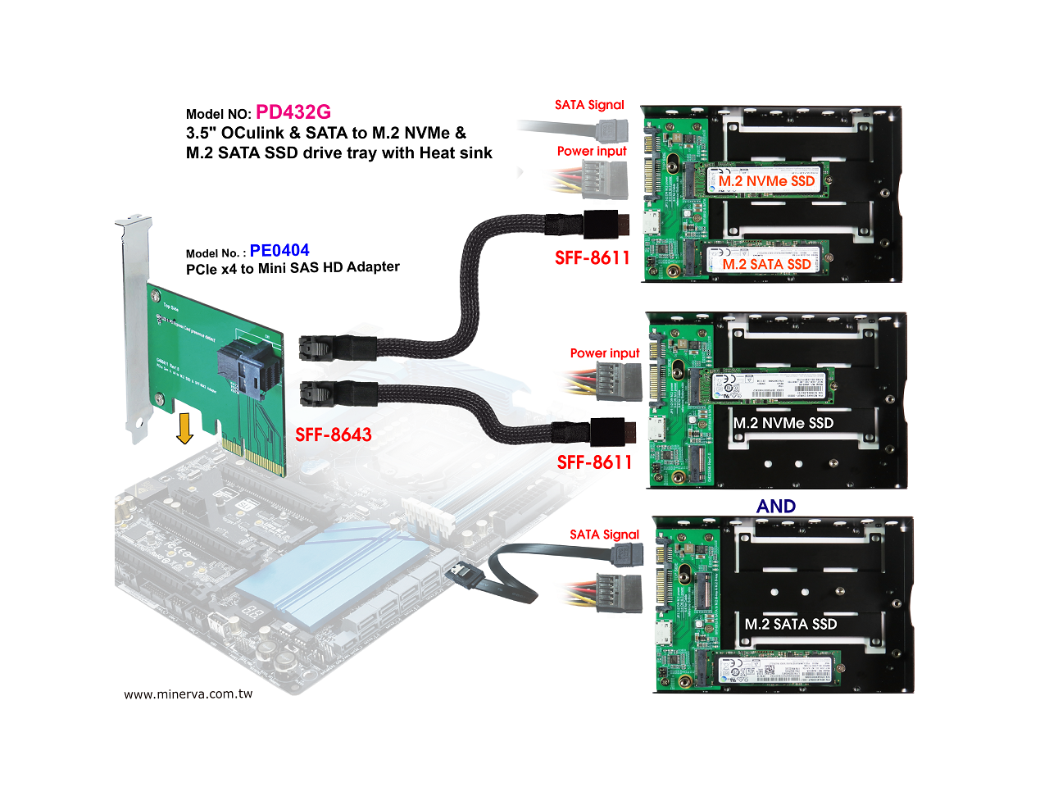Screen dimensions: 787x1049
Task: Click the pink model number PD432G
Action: tap(293, 112)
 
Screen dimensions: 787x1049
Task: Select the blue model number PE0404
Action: tap(279, 251)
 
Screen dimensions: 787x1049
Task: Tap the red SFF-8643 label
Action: tap(334, 434)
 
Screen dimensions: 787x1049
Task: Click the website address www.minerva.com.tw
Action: tap(188, 694)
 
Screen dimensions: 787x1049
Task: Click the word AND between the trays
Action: tap(776, 506)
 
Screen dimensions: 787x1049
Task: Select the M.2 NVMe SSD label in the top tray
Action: tap(767, 181)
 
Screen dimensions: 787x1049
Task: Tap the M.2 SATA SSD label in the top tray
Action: tap(767, 264)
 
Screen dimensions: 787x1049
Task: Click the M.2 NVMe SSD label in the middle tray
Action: tap(783, 423)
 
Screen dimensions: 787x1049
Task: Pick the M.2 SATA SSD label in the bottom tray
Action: tap(791, 624)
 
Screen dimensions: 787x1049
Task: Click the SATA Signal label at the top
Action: tap(589, 105)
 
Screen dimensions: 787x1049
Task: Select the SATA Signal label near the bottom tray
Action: tap(604, 535)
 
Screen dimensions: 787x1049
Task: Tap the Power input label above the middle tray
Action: tap(605, 353)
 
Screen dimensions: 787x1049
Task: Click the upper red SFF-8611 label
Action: tap(593, 258)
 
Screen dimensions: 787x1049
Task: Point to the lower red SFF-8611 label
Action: tap(595, 462)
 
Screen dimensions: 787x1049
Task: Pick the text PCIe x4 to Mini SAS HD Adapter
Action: tap(293, 268)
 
